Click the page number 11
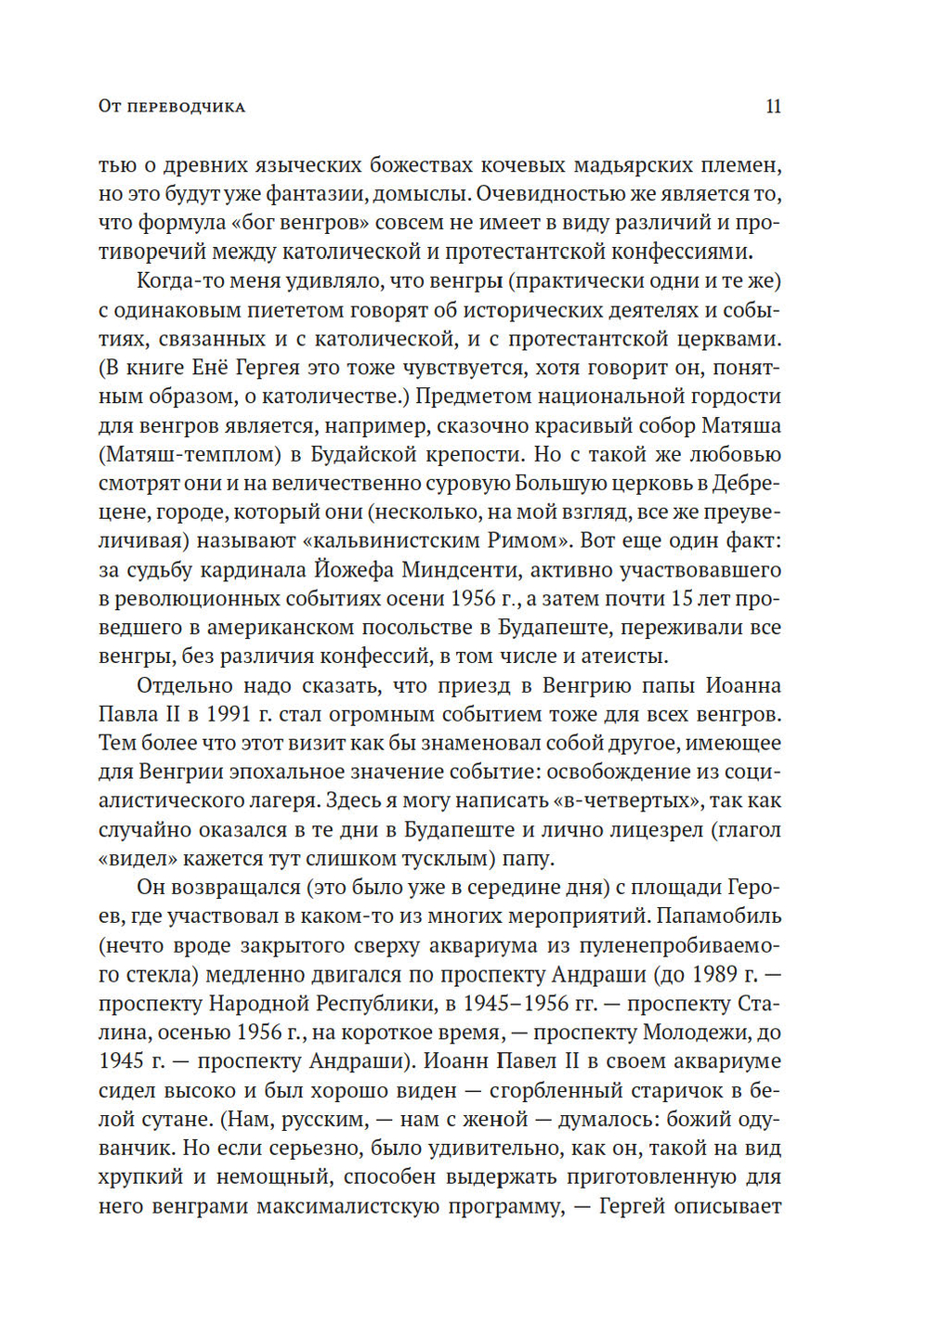tap(773, 107)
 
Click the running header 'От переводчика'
tap(172, 107)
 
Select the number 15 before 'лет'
tap(681, 599)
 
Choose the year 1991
tap(229, 715)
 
